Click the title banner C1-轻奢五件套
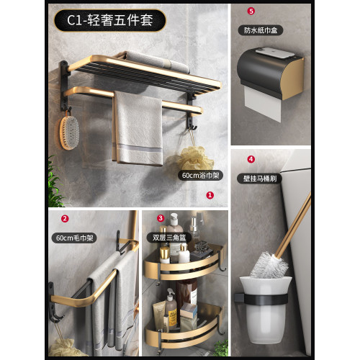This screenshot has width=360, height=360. click(x=110, y=20)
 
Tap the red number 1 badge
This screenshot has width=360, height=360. click(x=210, y=195)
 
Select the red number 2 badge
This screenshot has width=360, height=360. click(x=65, y=219)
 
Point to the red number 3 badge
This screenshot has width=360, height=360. click(x=161, y=218)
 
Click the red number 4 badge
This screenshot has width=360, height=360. click(x=251, y=159)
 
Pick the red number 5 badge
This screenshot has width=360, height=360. click(x=251, y=11)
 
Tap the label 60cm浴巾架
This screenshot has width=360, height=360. click(x=200, y=176)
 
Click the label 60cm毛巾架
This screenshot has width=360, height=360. click(x=74, y=238)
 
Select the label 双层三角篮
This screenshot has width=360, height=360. click(x=169, y=238)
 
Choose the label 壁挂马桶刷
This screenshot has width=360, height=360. click(x=260, y=179)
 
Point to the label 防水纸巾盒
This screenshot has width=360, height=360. click(x=261, y=30)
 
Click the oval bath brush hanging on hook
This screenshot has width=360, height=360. click(x=69, y=132)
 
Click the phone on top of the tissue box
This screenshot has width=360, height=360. click(x=274, y=53)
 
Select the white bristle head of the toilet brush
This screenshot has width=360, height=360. click(x=269, y=265)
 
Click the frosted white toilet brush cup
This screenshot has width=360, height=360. click(x=266, y=310)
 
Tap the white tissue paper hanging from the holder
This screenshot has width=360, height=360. click(x=263, y=104)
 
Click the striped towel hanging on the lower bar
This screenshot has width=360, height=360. click(x=138, y=128)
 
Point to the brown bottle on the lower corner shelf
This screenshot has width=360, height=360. click(x=186, y=294)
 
